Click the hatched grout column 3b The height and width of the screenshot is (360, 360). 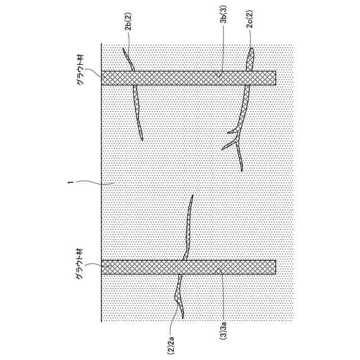[188, 78]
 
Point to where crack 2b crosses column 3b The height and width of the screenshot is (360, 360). [134, 78]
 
